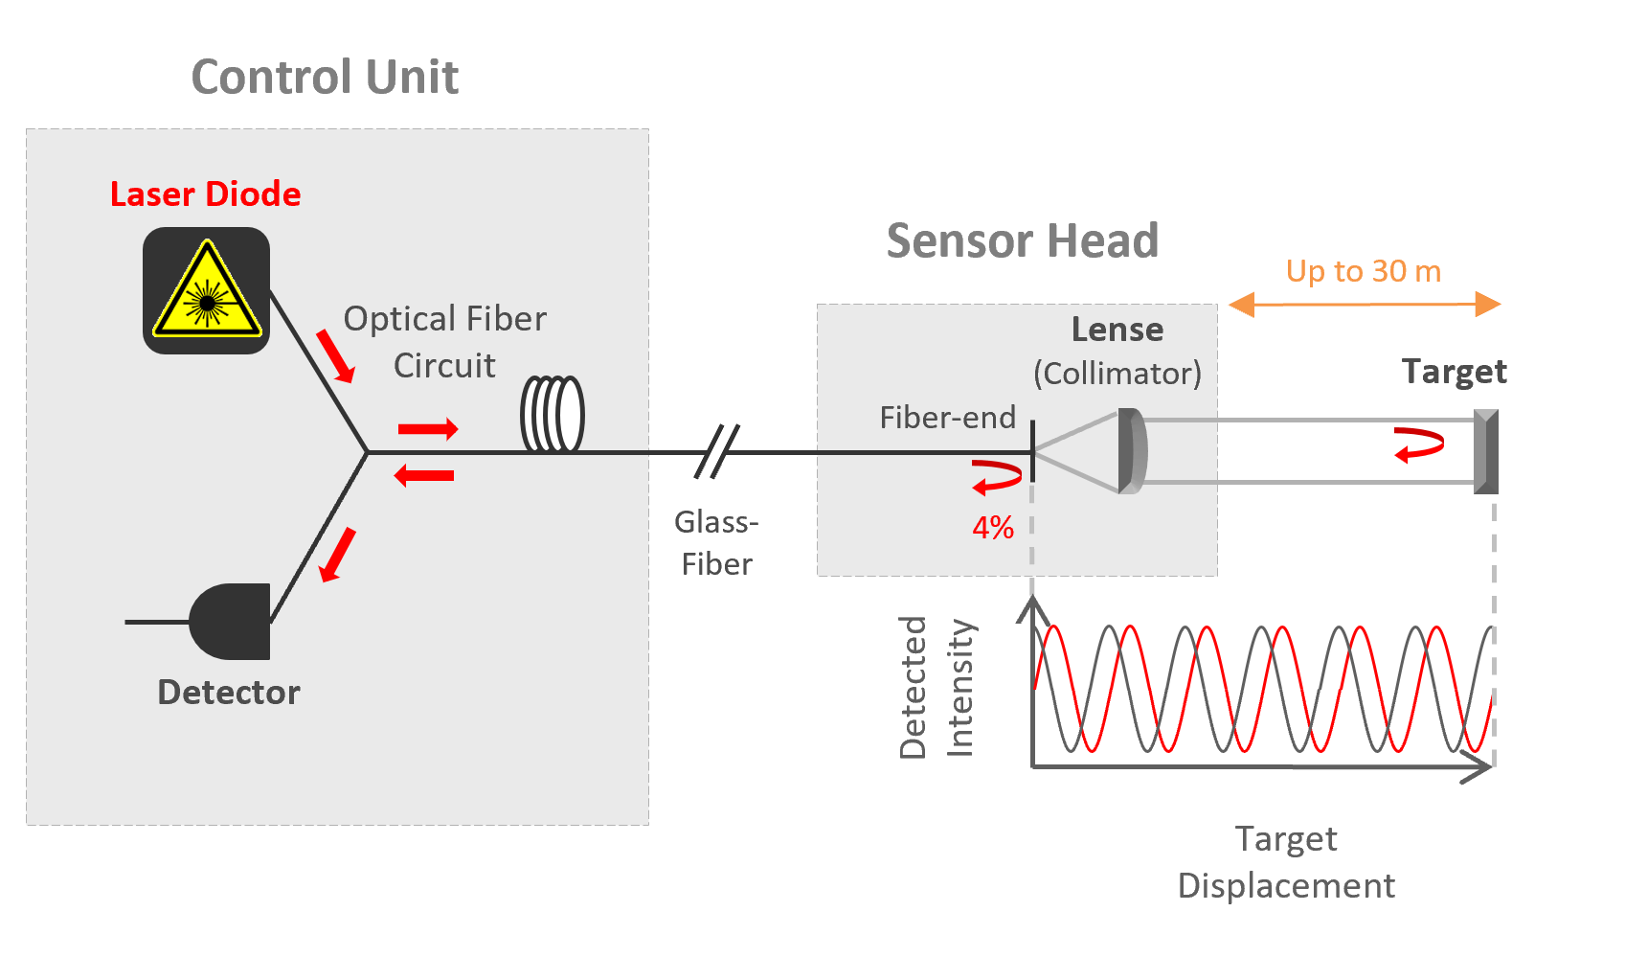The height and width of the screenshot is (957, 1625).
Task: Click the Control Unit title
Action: click(x=325, y=77)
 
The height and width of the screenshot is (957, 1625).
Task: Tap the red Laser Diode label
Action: click(x=205, y=194)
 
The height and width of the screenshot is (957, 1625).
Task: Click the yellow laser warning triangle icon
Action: click(x=207, y=291)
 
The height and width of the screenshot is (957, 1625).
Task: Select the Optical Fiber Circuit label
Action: click(x=444, y=342)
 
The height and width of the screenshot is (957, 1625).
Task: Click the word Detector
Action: click(x=228, y=692)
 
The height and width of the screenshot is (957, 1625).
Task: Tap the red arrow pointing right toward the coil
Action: click(x=428, y=429)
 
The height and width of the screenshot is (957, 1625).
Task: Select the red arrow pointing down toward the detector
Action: click(x=336, y=555)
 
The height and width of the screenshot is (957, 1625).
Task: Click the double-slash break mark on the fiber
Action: click(x=717, y=451)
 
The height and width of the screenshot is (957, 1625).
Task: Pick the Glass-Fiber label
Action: click(x=716, y=542)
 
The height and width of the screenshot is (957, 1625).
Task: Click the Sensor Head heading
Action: click(x=1022, y=240)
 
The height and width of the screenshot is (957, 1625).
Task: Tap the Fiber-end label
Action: click(x=947, y=418)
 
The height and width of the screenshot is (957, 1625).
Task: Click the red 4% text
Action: click(x=993, y=528)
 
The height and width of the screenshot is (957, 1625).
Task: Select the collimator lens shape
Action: click(x=1132, y=451)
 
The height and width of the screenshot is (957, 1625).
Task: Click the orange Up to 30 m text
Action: click(x=1363, y=271)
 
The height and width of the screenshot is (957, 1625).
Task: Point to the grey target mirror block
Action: click(x=1486, y=451)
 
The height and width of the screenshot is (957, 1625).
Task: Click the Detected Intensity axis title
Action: click(x=937, y=688)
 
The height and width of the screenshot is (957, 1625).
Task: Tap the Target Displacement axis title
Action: click(x=1286, y=862)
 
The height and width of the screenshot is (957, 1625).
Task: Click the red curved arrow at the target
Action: click(x=1418, y=445)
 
